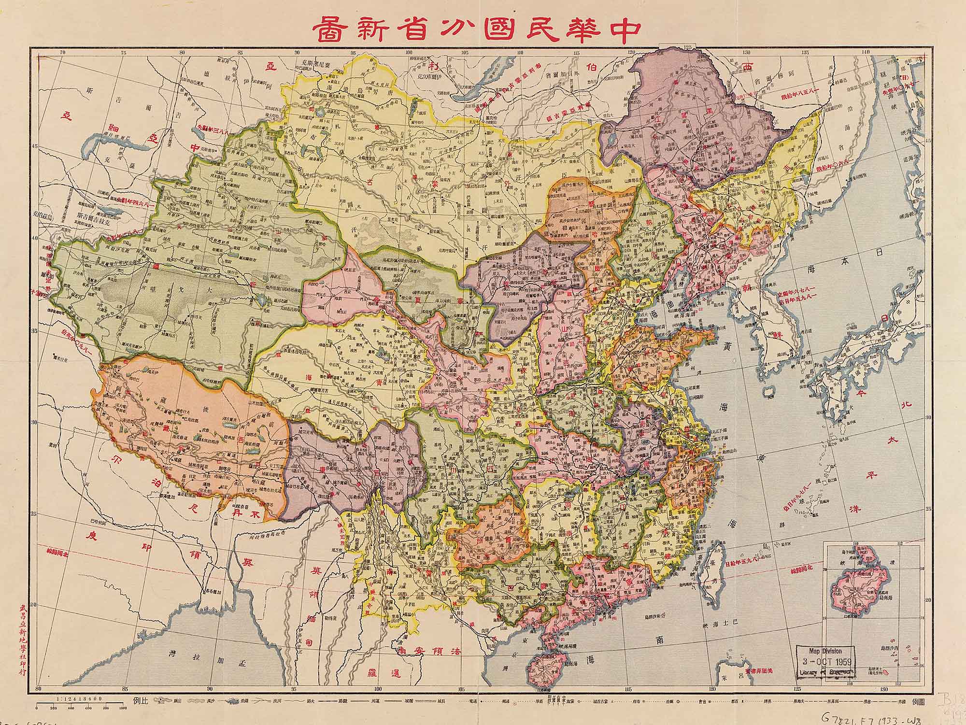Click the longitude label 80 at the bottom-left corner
40,688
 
